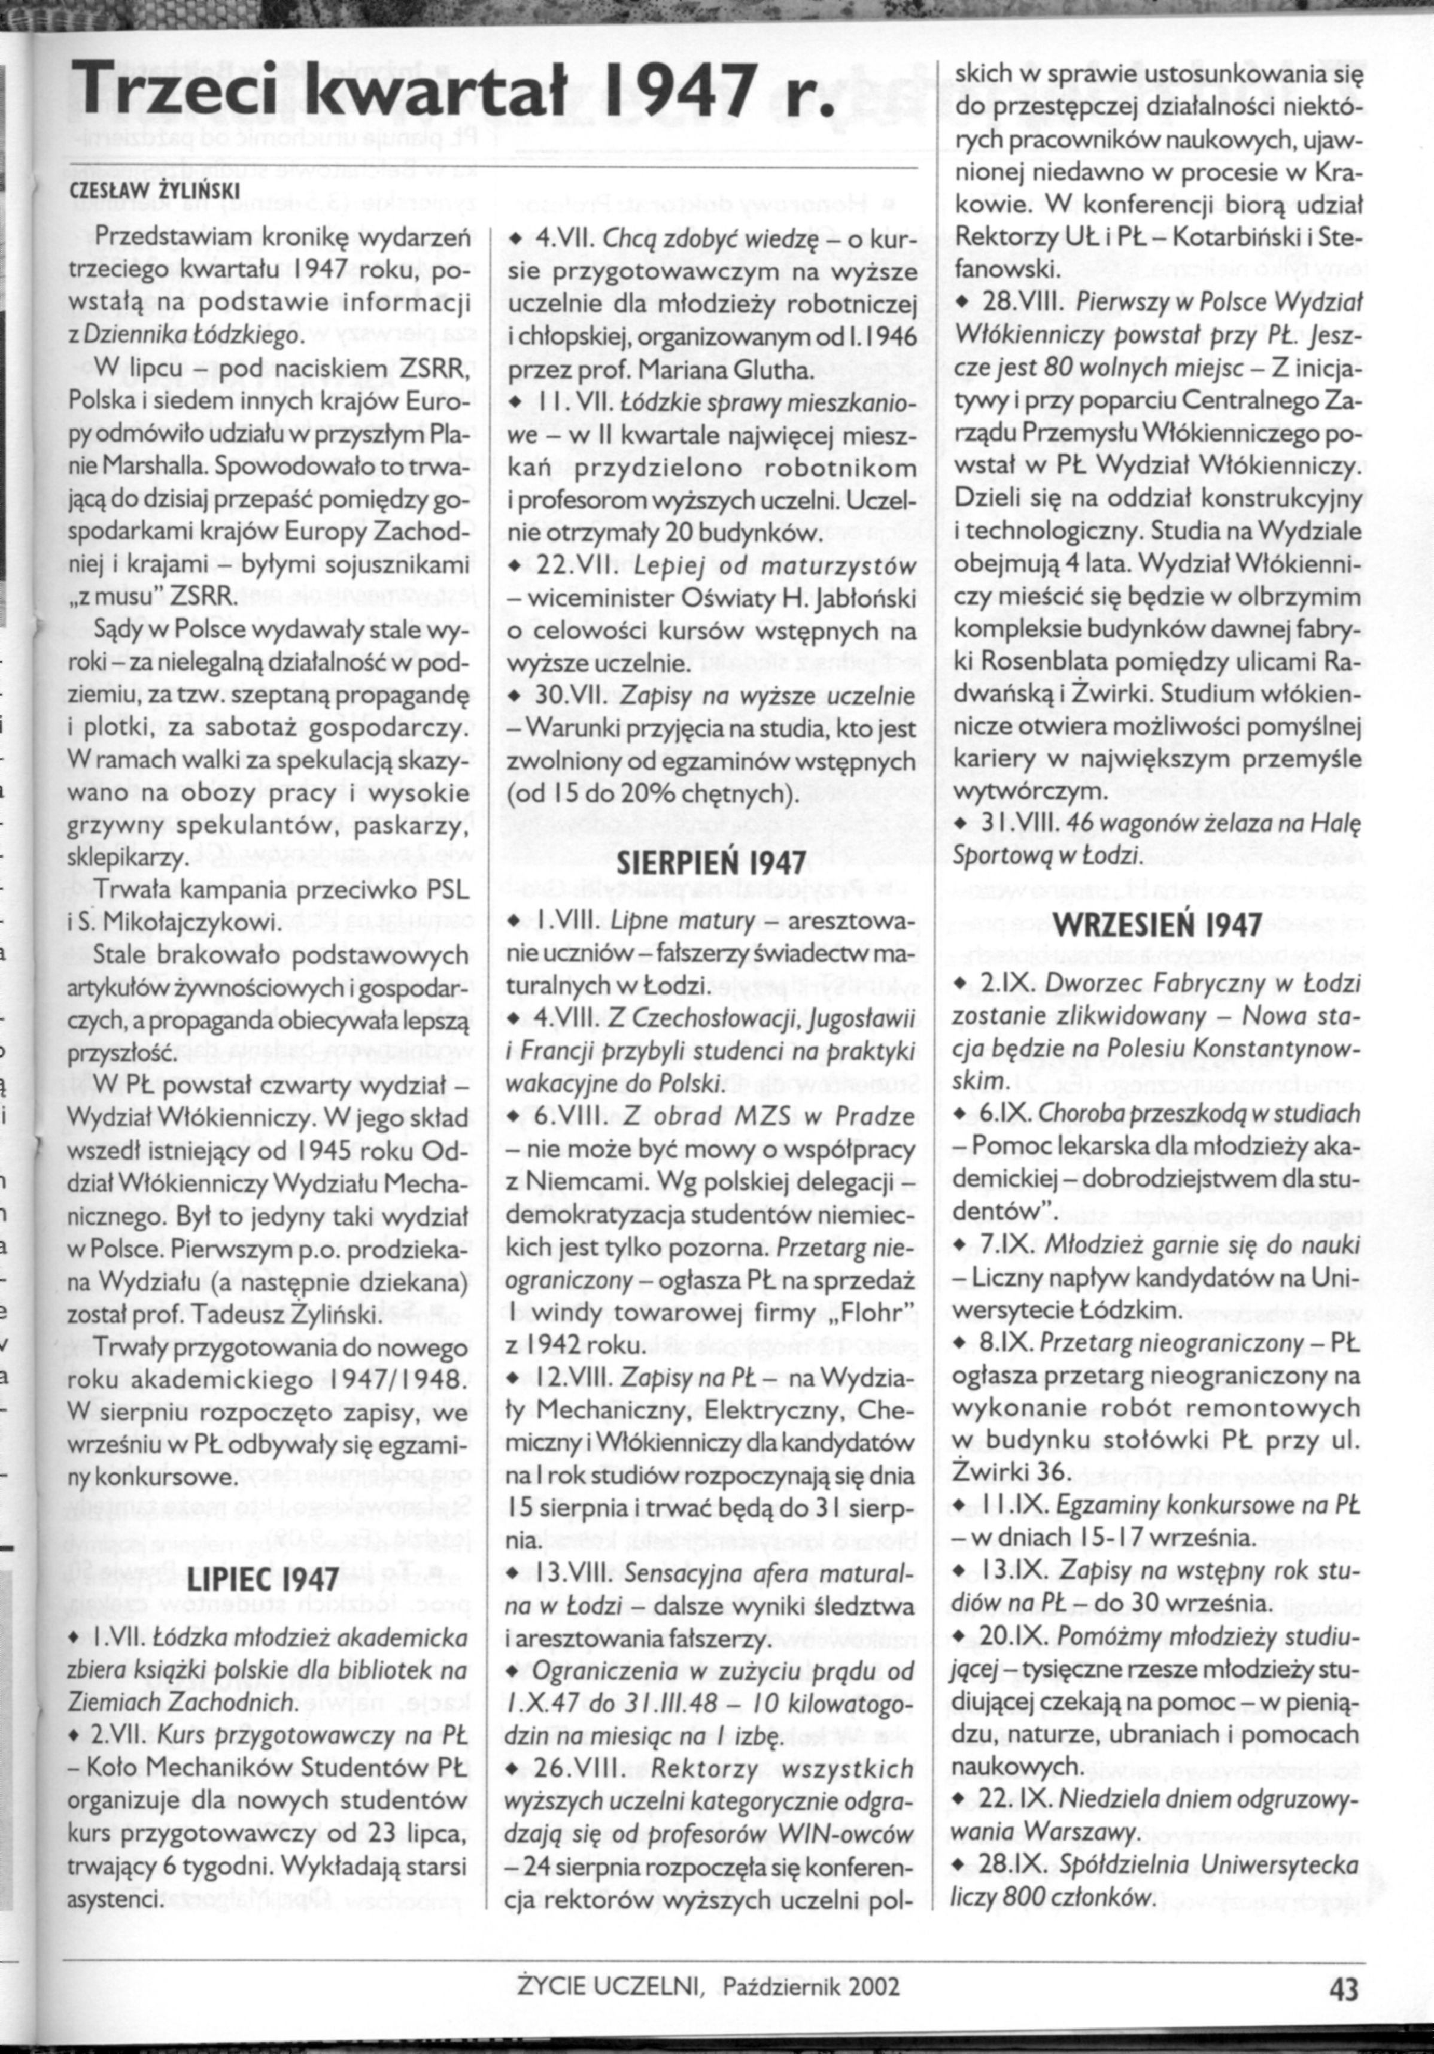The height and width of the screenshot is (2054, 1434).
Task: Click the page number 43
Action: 1343,1963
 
